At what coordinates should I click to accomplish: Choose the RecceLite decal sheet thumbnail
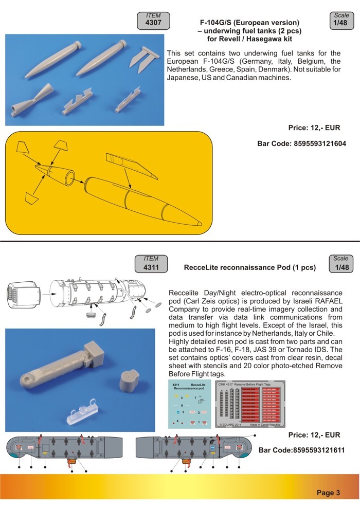pyautogui.click(x=189, y=405)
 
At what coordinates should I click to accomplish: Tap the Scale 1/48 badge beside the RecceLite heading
pyautogui.click(x=340, y=263)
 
